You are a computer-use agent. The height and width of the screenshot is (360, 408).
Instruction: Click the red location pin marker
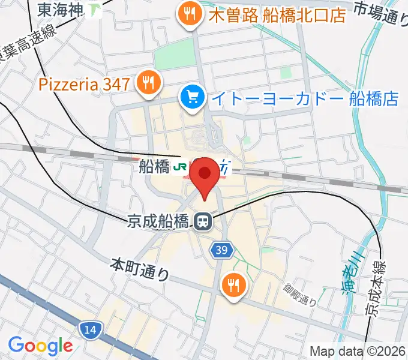point(204,175)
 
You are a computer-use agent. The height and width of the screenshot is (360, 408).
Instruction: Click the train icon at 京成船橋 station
point(203,222)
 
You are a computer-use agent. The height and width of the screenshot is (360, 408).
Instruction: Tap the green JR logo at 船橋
point(180,168)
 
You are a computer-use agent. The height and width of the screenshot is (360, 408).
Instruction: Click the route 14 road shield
point(91,329)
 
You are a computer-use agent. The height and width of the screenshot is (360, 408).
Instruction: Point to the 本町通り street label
point(140,269)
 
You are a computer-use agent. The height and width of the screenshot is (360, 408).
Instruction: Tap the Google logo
point(40,346)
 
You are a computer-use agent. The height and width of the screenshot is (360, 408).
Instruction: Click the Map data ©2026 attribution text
point(358,351)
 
